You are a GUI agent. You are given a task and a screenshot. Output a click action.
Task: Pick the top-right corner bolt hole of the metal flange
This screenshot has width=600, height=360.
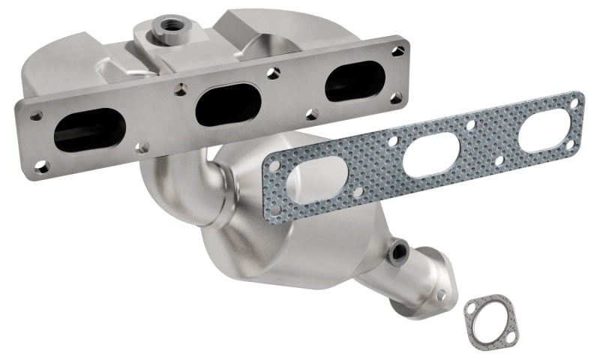(399, 51)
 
